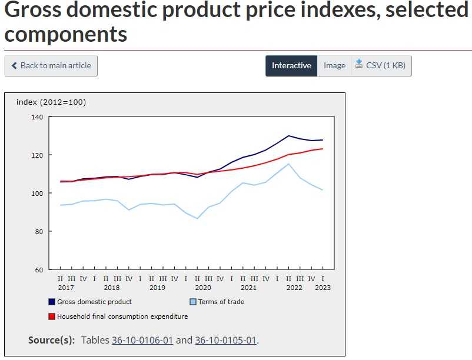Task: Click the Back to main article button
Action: pos(51,66)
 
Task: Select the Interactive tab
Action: pos(291,66)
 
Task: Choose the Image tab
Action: pos(334,66)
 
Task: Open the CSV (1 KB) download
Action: pos(381,66)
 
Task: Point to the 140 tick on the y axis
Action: pos(37,117)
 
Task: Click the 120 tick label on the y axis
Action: pos(37,155)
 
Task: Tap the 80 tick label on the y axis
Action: pos(38,232)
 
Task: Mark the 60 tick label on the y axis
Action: pos(38,270)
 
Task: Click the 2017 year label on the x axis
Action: pos(66,288)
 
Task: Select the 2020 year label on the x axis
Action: pos(203,288)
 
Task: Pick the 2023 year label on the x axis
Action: pos(323,288)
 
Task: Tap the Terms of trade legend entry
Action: pos(221,302)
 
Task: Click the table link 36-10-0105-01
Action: pos(226,340)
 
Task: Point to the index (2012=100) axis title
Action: pos(51,102)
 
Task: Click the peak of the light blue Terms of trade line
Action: pos(288,164)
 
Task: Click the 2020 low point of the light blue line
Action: pos(198,218)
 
